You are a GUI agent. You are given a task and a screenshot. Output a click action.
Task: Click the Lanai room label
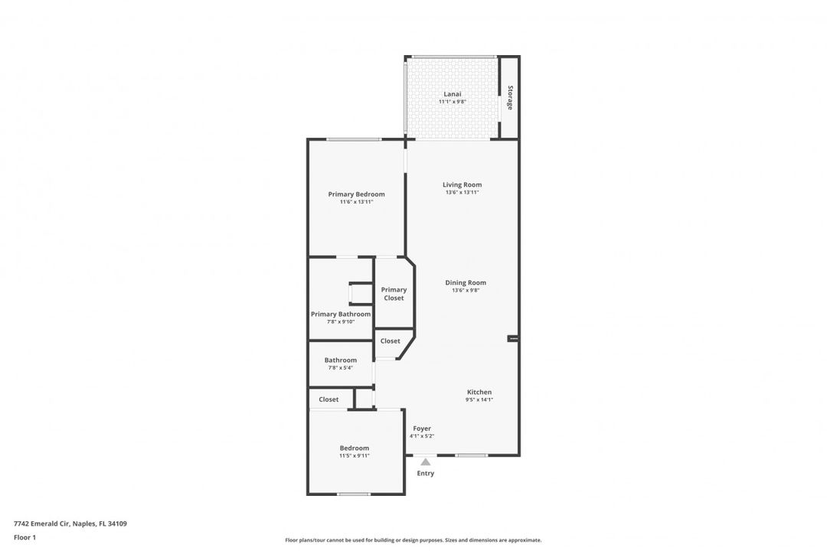(x=452, y=94)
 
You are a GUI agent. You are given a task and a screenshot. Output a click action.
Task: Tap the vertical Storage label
(x=509, y=97)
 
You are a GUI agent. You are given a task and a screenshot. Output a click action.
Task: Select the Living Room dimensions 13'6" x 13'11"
(x=462, y=192)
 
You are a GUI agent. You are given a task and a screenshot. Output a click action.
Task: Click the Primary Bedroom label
(x=356, y=194)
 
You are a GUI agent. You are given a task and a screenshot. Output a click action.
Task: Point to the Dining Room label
(x=466, y=282)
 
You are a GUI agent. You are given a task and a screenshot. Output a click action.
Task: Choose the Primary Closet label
(x=394, y=294)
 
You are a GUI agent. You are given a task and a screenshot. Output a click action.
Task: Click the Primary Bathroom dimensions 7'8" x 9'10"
(x=341, y=321)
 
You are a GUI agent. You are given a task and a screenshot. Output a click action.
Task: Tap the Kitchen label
(x=479, y=392)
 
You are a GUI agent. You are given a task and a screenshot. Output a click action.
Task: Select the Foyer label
(x=422, y=429)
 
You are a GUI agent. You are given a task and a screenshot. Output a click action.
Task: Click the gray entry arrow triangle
(x=426, y=461)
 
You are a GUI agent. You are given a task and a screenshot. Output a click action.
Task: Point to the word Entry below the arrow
(x=426, y=473)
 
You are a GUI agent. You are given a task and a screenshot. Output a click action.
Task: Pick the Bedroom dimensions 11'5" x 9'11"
(x=355, y=455)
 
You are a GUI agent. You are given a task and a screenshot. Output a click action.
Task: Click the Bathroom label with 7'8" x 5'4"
(x=340, y=360)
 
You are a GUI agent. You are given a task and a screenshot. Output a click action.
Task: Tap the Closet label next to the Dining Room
(x=391, y=341)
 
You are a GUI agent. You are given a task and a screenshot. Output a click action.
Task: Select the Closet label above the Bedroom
(x=329, y=399)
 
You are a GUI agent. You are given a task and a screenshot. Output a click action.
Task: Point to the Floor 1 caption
(x=25, y=537)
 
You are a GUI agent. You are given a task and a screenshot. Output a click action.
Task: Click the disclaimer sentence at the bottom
(x=413, y=540)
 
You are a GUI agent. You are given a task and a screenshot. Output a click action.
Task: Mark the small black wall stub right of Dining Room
(x=513, y=338)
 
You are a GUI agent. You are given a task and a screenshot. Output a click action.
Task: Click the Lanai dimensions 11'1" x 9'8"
(x=452, y=102)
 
